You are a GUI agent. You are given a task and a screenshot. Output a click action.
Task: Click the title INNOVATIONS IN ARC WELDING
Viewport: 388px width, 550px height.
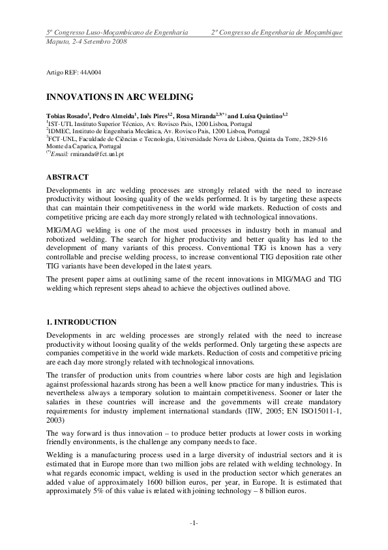119,97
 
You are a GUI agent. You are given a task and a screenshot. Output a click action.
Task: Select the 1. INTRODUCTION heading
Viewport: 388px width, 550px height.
82,322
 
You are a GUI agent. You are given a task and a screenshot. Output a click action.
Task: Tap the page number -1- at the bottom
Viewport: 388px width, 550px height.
194,524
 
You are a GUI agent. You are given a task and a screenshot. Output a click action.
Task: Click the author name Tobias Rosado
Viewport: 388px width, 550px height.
65,115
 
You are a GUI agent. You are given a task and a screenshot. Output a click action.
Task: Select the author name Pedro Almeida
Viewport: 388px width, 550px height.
111,115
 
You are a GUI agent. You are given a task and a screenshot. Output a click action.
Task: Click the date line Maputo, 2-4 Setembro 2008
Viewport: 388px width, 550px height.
86,41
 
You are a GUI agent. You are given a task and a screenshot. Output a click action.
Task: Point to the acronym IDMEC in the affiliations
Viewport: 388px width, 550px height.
59,131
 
